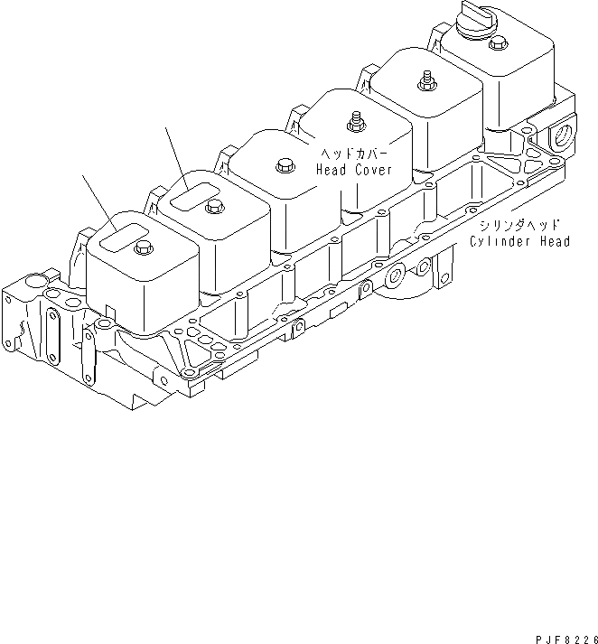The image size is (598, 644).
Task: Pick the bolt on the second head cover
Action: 214,207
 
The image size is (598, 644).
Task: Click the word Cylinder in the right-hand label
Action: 499,241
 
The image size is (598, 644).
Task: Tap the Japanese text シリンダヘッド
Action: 519,225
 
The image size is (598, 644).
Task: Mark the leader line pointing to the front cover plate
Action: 97,200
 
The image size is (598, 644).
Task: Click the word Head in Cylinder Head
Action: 551,241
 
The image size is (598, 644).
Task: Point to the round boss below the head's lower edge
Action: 396,274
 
